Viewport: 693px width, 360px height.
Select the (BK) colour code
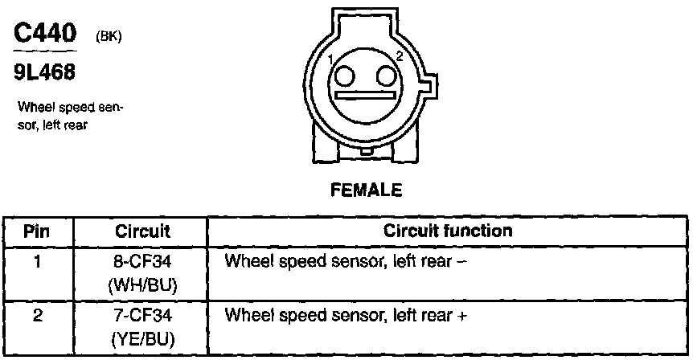(x=109, y=36)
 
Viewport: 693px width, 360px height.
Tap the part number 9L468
(x=43, y=73)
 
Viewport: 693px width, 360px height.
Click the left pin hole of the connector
(x=346, y=76)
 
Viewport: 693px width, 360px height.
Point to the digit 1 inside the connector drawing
(x=330, y=59)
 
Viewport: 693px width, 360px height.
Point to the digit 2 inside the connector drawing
(x=400, y=55)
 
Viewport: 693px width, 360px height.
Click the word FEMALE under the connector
(x=366, y=191)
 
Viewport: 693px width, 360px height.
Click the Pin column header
(x=37, y=231)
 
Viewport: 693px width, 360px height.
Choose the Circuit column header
(x=142, y=231)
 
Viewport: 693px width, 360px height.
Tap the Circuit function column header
(x=448, y=231)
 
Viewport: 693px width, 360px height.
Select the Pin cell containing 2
(x=37, y=316)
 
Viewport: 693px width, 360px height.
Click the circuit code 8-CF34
(x=142, y=261)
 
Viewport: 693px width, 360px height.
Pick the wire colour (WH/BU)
(x=142, y=284)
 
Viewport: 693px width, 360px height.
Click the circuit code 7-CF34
(x=142, y=316)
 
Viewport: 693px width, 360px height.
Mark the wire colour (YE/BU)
(x=142, y=339)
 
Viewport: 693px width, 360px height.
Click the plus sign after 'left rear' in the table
(x=461, y=316)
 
